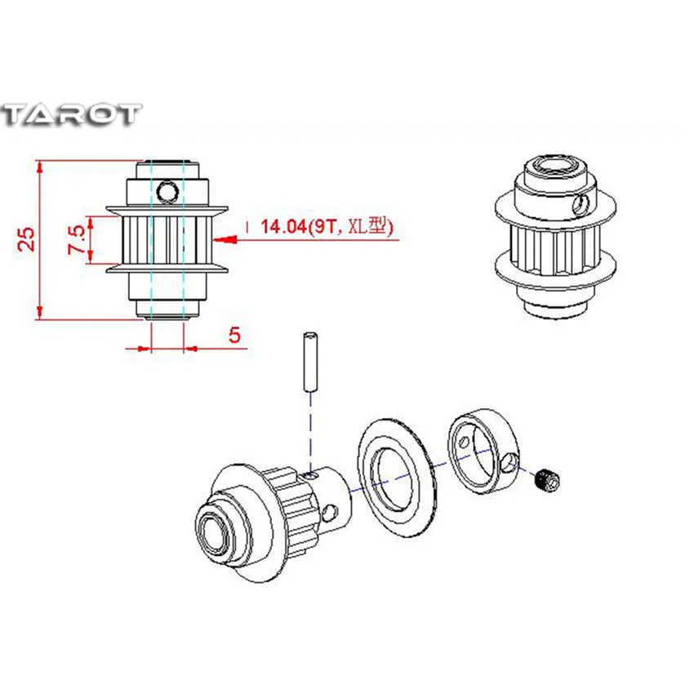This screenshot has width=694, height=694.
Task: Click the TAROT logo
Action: (x=71, y=114)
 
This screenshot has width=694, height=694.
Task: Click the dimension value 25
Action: (x=26, y=239)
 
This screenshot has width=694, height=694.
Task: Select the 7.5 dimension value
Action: (x=76, y=239)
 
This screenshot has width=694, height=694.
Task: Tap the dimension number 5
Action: (x=234, y=335)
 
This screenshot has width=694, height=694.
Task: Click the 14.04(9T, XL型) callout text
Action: (x=327, y=227)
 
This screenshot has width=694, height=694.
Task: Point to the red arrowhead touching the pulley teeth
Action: (x=225, y=239)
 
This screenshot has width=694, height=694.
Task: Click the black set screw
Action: (x=548, y=480)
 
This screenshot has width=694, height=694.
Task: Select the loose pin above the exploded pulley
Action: (x=311, y=361)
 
